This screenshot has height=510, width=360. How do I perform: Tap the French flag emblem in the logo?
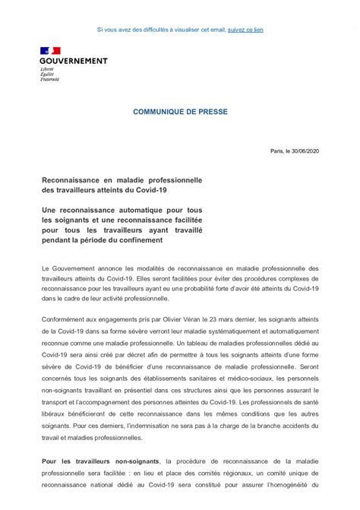[x=50, y=52]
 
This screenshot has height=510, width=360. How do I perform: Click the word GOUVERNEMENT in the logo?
[x=74, y=61]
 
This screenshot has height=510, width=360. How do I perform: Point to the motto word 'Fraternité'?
[x=50, y=80]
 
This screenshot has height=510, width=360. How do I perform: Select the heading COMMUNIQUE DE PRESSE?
[x=180, y=111]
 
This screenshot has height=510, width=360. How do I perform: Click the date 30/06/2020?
[x=304, y=151]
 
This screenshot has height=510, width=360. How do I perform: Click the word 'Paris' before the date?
[x=276, y=151]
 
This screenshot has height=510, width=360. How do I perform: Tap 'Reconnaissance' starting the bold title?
[x=73, y=180]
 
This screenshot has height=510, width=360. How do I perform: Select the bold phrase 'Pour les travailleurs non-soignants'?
[x=101, y=461]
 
